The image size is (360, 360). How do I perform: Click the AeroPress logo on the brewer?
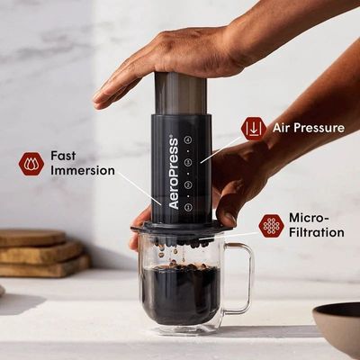click(x=174, y=174)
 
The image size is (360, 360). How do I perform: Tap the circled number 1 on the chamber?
click(x=188, y=207)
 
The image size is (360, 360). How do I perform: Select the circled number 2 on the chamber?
click(x=188, y=184)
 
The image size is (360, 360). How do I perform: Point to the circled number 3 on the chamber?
click(x=188, y=162)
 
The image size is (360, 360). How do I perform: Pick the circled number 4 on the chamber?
click(x=188, y=139)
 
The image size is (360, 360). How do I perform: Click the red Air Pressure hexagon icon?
click(x=254, y=129)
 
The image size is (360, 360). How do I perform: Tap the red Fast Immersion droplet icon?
click(x=31, y=164)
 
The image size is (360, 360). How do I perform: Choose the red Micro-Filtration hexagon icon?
click(x=271, y=226)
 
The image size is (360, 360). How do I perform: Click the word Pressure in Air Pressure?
click(x=319, y=128)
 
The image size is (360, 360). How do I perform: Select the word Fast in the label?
click(x=63, y=156)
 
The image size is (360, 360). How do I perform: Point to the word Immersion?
click(x=83, y=171)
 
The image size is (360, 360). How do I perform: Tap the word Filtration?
click(x=317, y=232)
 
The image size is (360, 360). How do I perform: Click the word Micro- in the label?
click(x=309, y=218)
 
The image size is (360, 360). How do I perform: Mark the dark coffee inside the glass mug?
click(x=181, y=294)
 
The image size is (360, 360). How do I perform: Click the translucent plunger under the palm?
click(x=181, y=94)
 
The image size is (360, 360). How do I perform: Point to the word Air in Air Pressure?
click(x=282, y=128)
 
